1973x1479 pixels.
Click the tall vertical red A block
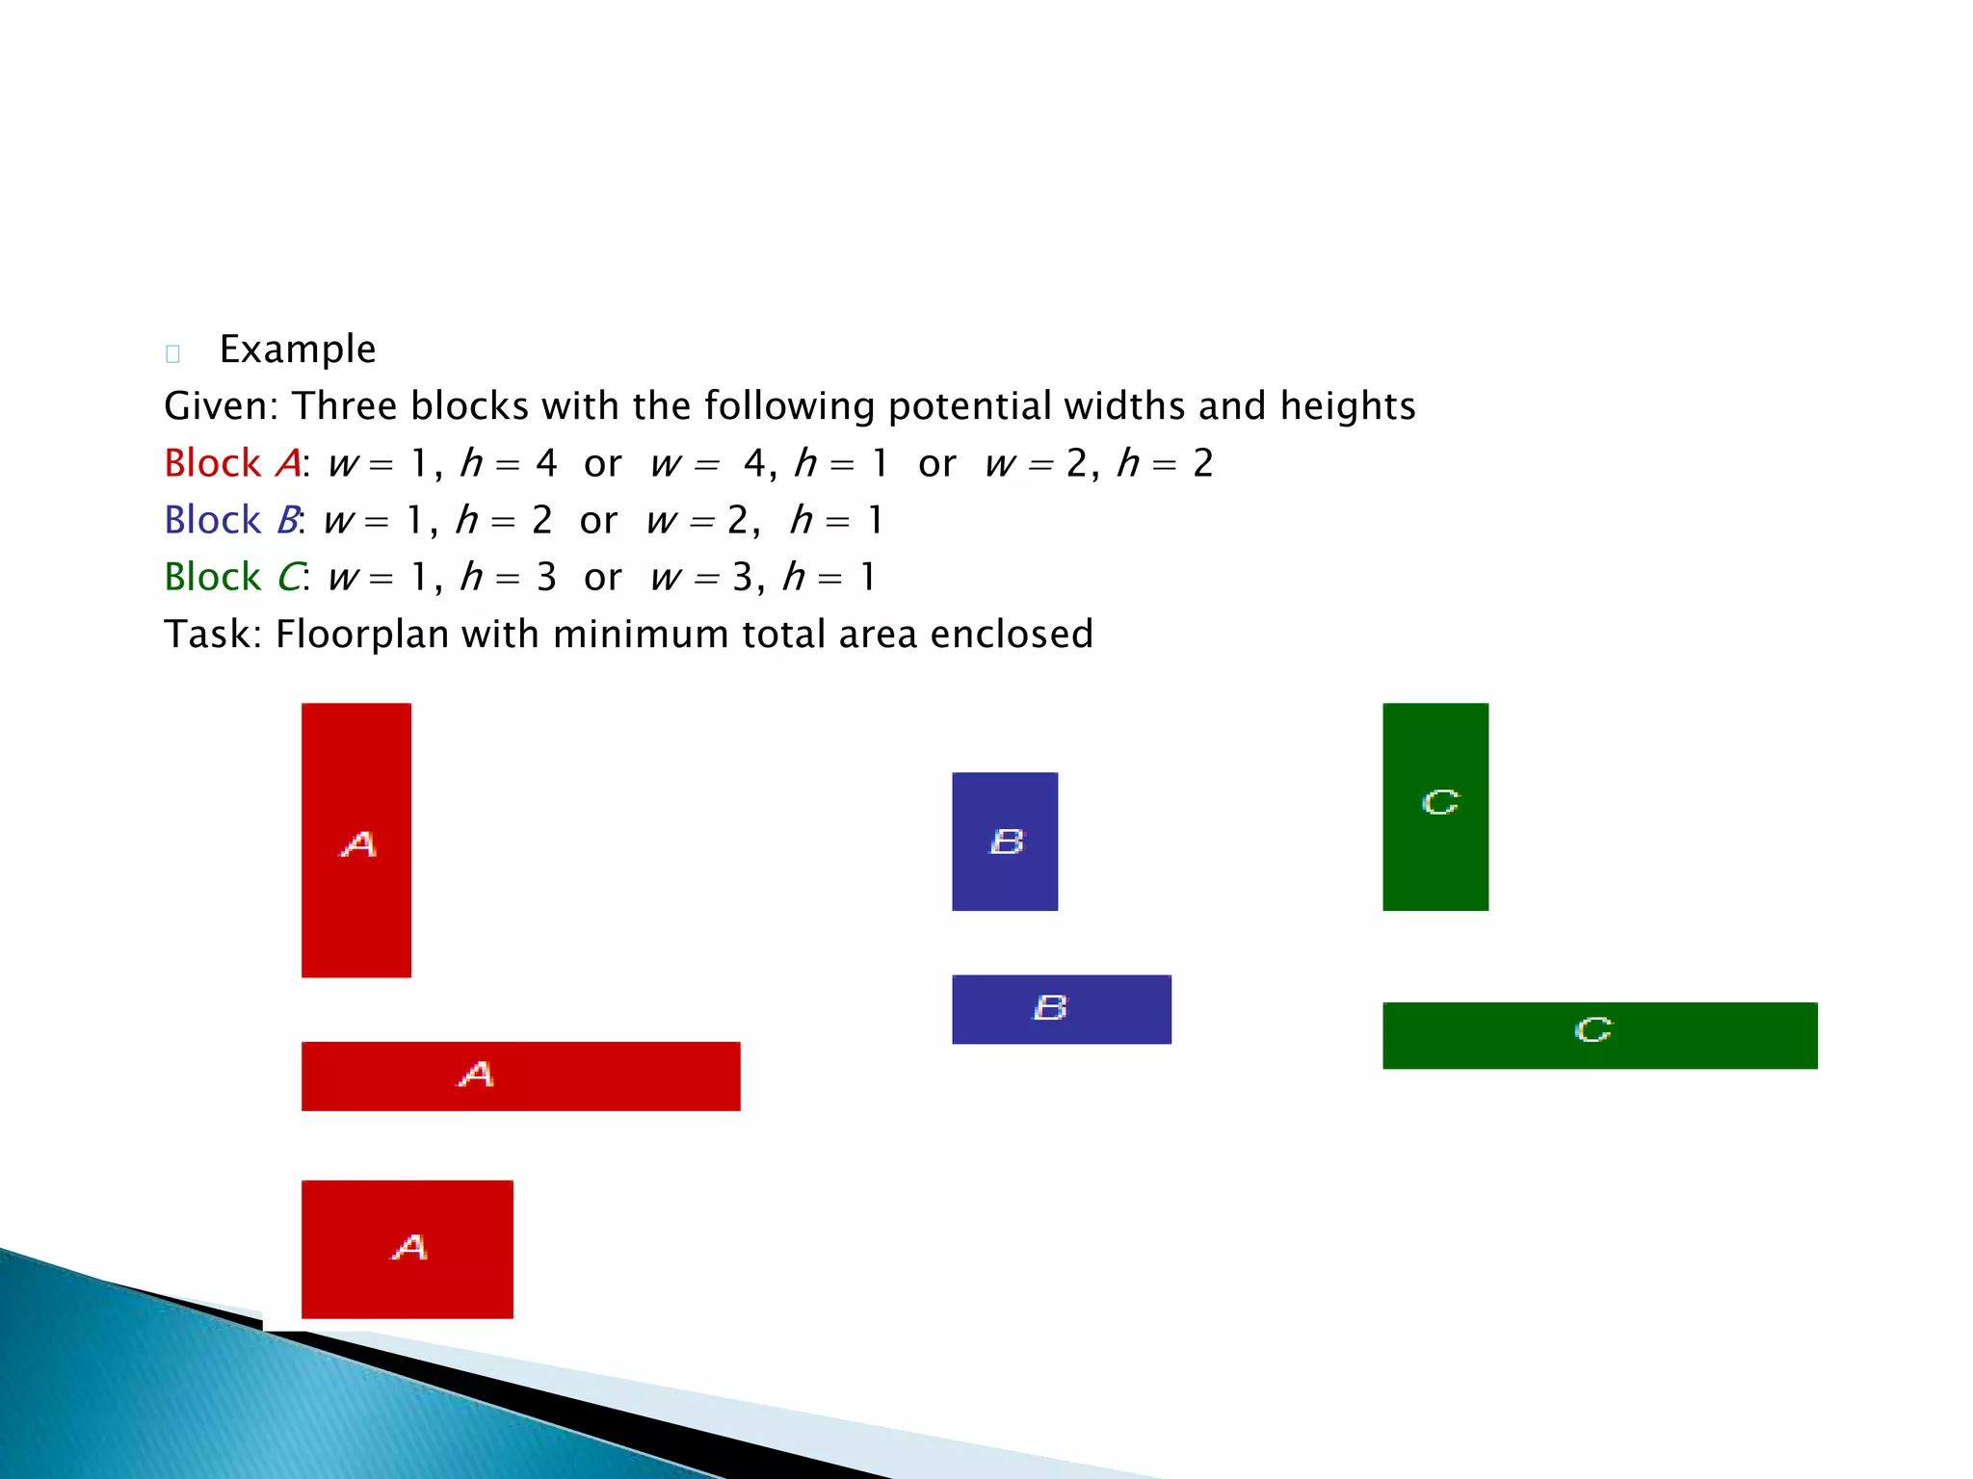click(356, 840)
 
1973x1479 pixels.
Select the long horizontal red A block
click(520, 1076)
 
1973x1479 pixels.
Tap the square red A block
click(407, 1249)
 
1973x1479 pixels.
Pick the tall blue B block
click(1005, 841)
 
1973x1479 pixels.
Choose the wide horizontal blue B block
click(1062, 1009)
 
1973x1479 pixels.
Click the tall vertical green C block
click(1435, 806)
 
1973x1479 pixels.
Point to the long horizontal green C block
click(1599, 1035)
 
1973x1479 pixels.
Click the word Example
click(298, 350)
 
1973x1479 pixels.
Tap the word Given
click(219, 406)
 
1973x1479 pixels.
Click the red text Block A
click(232, 463)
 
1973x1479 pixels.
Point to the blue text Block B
click(231, 520)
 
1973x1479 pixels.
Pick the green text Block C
click(232, 577)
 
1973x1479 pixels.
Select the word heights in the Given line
click(1348, 406)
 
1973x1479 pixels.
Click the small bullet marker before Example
click(173, 353)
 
